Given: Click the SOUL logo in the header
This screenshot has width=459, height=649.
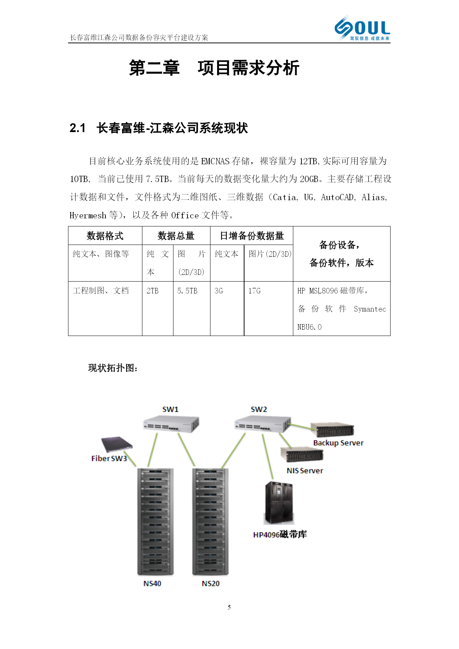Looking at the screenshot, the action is pyautogui.click(x=362, y=28).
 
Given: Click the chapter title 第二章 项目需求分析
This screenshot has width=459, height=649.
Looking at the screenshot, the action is pyautogui.click(x=214, y=68).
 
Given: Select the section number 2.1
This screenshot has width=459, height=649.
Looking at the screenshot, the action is pyautogui.click(x=78, y=128).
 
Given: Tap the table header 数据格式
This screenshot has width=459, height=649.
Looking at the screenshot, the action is pyautogui.click(x=105, y=236).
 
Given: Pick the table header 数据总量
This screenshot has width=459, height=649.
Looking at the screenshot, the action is pyautogui.click(x=176, y=236).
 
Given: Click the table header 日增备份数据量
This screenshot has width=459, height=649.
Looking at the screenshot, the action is pyautogui.click(x=252, y=236).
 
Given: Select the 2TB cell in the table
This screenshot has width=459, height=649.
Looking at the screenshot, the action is pyautogui.click(x=152, y=291).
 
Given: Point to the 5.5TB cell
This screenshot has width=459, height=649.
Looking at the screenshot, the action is pyautogui.click(x=187, y=291).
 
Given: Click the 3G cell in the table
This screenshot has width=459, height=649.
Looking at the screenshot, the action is pyautogui.click(x=219, y=291).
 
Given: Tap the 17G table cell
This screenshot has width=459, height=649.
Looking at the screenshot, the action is pyautogui.click(x=254, y=291).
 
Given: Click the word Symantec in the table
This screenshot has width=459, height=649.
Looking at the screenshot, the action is pyautogui.click(x=370, y=309).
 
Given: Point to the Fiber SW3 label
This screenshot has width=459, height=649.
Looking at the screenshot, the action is pyautogui.click(x=109, y=458).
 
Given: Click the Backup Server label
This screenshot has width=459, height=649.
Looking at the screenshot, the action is pyautogui.click(x=338, y=443).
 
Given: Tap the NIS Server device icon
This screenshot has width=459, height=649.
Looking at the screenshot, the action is pyautogui.click(x=301, y=454).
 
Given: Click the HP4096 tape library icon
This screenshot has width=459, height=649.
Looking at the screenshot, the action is pyautogui.click(x=279, y=503).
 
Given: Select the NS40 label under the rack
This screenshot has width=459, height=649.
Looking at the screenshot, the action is pyautogui.click(x=152, y=584).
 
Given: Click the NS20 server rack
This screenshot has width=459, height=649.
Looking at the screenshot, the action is pyautogui.click(x=210, y=522).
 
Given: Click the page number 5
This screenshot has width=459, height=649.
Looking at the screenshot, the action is pyautogui.click(x=229, y=607).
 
